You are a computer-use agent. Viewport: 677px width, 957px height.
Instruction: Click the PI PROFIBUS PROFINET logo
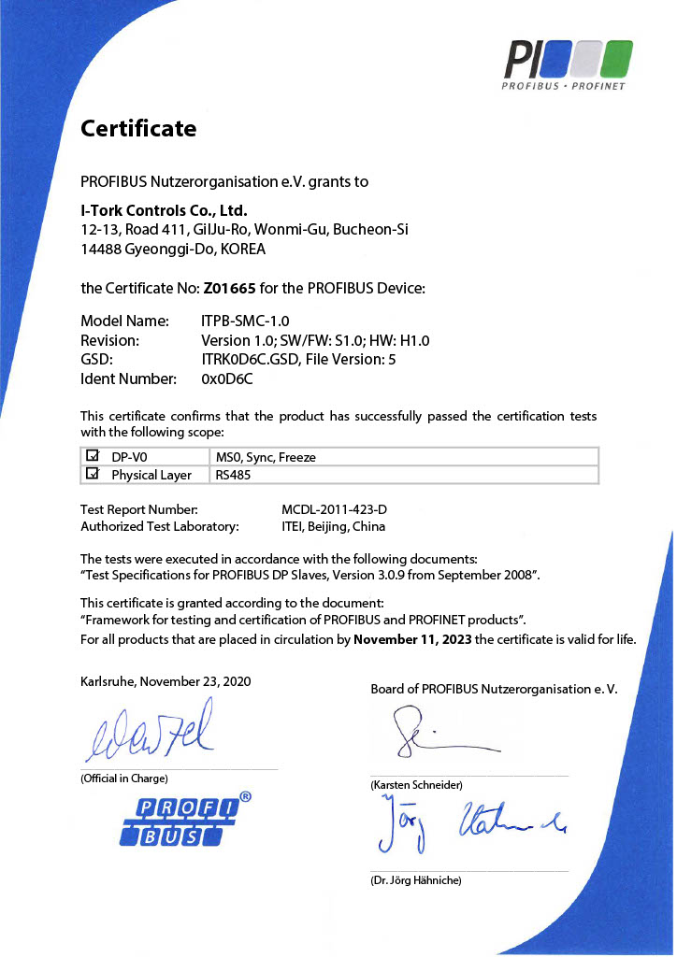click(565, 64)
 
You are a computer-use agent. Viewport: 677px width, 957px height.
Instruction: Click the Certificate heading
click(138, 128)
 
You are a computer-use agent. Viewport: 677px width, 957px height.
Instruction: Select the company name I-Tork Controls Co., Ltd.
click(164, 210)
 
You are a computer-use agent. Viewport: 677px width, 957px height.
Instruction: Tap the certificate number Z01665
click(229, 288)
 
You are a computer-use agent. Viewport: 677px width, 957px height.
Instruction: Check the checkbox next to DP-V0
click(93, 456)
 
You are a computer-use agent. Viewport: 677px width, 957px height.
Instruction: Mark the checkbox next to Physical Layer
click(93, 474)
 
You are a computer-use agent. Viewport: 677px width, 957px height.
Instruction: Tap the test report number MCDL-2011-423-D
click(334, 509)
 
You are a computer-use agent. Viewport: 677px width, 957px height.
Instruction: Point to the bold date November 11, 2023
click(412, 640)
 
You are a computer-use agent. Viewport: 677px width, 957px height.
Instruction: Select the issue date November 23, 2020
click(198, 682)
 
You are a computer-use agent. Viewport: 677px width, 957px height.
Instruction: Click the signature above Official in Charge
click(150, 732)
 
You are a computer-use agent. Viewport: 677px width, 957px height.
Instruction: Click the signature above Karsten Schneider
click(439, 735)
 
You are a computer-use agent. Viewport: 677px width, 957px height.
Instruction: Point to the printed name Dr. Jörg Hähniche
click(416, 879)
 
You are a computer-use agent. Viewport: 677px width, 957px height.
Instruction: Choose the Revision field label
click(110, 340)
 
